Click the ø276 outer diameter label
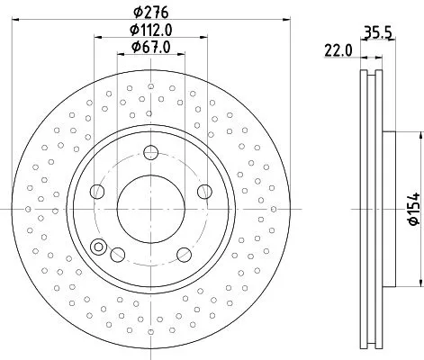coord(149,12)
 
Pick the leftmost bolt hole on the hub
coord(95,192)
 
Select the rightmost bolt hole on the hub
coord(204,192)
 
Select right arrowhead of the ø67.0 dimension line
coord(178,56)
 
